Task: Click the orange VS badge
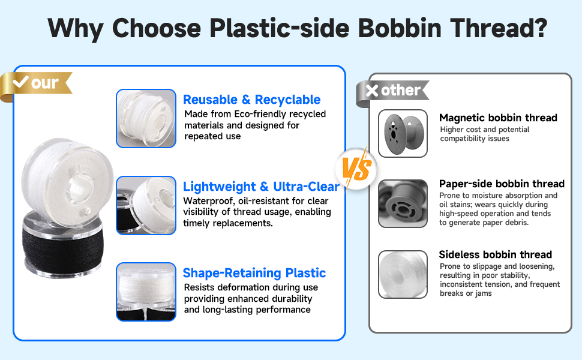356,169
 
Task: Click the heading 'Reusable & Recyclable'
251,100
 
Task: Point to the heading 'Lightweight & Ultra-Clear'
262,187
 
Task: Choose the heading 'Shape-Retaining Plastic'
254,273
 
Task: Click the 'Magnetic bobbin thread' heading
498,118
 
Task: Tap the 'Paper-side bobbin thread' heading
502,184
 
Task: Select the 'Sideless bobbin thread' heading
496,254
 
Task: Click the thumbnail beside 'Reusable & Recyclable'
146,118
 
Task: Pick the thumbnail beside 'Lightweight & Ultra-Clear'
146,205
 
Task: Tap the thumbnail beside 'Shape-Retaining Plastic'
146,292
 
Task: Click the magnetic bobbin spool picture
403,133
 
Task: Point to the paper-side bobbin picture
403,203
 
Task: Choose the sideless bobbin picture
403,274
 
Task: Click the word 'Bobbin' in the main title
400,28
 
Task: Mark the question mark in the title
539,28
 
